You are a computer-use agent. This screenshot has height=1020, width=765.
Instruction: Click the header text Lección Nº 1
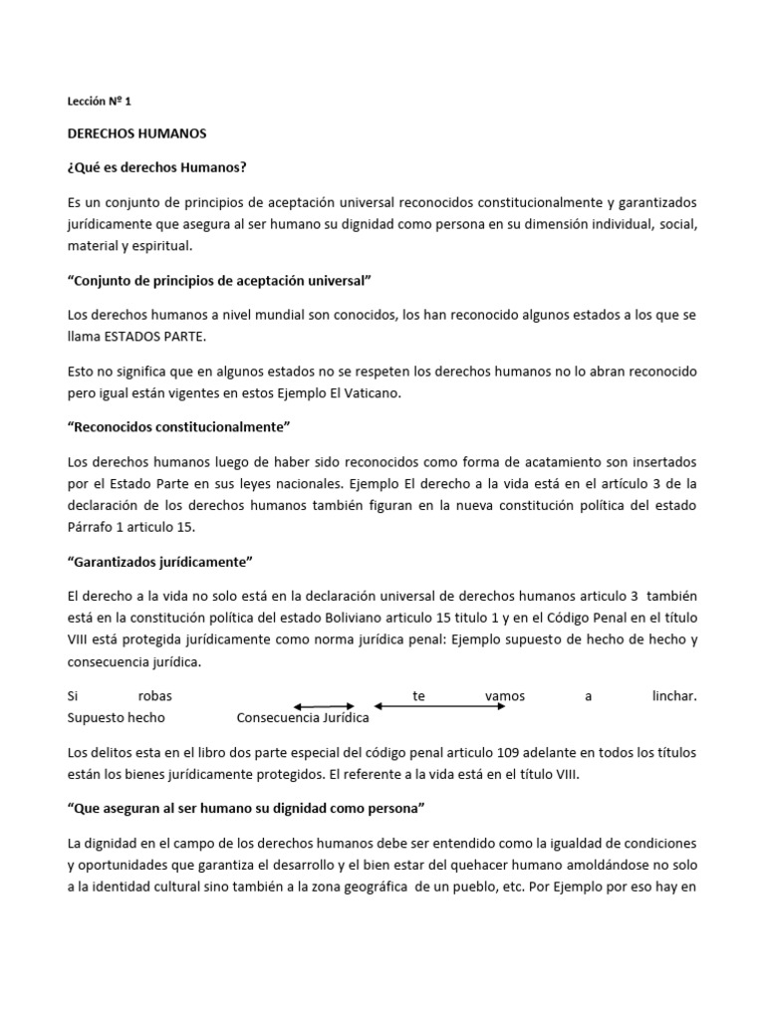99,101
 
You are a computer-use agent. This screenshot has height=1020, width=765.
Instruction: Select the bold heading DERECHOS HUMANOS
136,132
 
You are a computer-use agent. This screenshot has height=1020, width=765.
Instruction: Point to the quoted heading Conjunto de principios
218,282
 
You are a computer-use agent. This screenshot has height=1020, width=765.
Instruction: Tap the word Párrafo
92,526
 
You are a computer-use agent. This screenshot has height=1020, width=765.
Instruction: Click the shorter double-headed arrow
324,706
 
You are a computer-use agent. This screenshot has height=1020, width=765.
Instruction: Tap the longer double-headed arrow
439,706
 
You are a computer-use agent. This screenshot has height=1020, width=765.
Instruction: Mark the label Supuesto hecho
116,717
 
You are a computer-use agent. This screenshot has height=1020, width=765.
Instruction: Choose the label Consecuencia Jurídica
303,717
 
